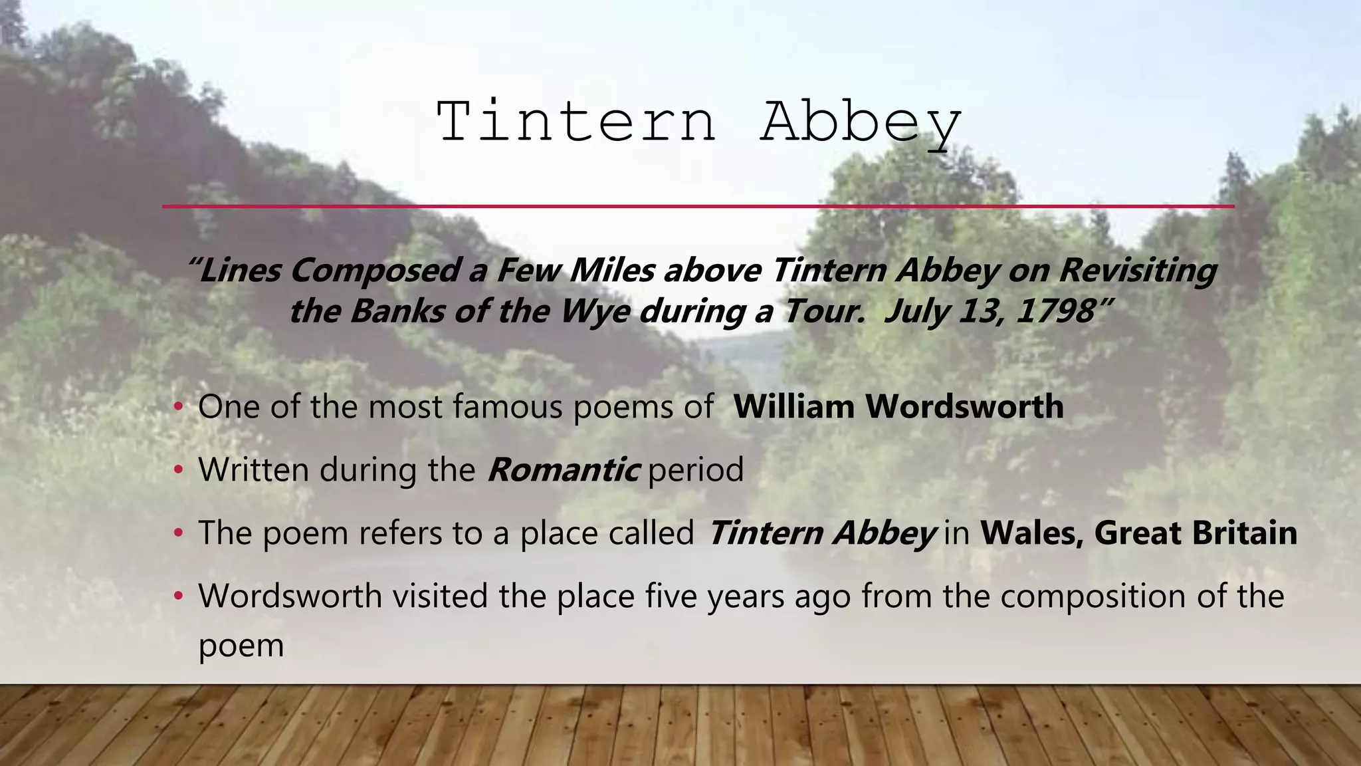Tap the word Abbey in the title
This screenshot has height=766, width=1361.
point(861,123)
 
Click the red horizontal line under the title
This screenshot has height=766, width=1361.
point(698,206)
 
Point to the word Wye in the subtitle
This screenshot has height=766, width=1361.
point(595,311)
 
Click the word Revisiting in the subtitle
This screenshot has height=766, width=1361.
point(1138,270)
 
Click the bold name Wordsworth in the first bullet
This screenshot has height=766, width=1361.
point(964,406)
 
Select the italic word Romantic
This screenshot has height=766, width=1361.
point(564,470)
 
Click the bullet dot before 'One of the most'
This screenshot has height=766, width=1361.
point(177,407)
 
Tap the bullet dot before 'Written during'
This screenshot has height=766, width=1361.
point(177,471)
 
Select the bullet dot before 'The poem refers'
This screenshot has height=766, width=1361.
point(177,533)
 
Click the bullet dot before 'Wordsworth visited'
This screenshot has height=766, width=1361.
point(177,596)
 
